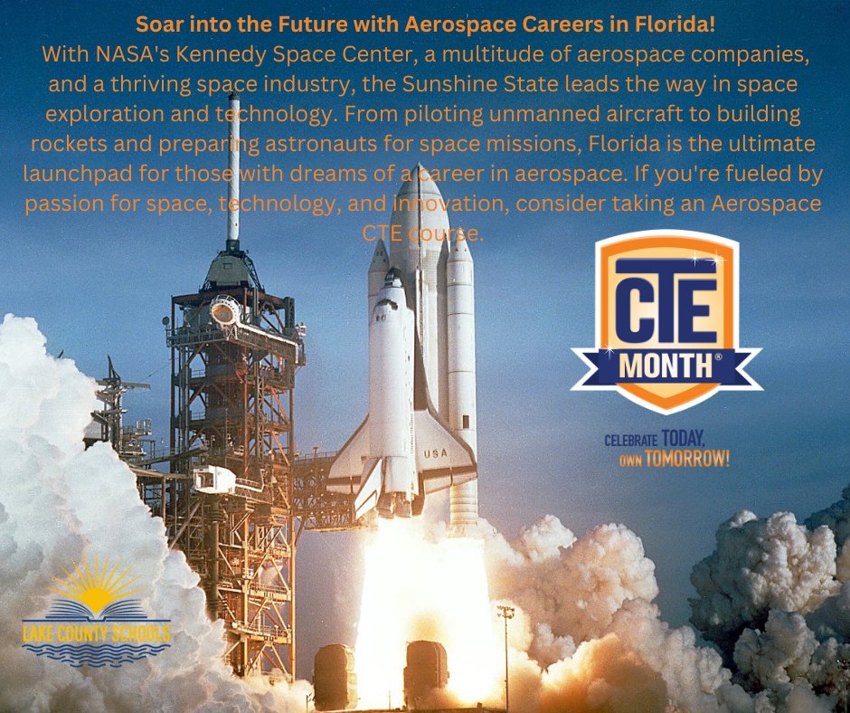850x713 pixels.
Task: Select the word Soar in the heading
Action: click(156, 21)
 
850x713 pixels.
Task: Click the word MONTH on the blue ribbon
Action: click(666, 366)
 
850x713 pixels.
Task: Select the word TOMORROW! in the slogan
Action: click(686, 460)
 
